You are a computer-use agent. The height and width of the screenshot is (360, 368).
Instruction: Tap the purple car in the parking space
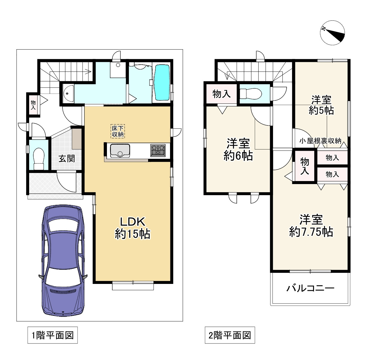pos(63,260)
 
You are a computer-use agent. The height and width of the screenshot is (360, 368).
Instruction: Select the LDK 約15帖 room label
pos(132,228)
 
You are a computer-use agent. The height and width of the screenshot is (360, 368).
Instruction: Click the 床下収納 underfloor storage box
pos(118,131)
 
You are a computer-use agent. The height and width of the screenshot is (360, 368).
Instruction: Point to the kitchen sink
pos(120,151)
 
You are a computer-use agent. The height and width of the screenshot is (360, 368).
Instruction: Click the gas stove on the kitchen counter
pos(158,150)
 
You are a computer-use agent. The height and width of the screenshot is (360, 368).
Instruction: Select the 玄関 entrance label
pos(67,158)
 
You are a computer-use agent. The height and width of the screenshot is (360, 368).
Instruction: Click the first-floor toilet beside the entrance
pos(38,158)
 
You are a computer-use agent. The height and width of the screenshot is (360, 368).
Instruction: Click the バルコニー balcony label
pos(311,288)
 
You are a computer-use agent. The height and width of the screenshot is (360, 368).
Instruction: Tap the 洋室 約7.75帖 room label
pos(311,226)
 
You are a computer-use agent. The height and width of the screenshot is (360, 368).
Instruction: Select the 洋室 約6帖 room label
pos(238,149)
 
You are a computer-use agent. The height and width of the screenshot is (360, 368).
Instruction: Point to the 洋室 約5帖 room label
pos(321,105)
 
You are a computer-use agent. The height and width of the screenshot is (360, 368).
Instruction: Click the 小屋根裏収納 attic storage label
pos(320,141)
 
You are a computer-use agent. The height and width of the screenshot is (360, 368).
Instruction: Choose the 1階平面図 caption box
pos(53,335)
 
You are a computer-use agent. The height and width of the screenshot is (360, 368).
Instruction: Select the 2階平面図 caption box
pos(230,335)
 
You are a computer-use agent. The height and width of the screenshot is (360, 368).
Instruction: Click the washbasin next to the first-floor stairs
pos(68,94)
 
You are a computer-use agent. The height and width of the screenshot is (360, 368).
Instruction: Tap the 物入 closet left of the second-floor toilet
pos(221,94)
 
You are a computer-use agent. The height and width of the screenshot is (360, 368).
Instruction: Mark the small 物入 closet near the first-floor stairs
pos(33,105)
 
